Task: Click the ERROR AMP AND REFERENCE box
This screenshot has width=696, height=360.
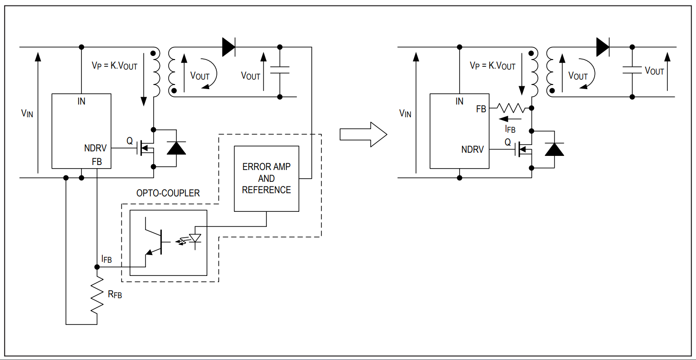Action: point(266,179)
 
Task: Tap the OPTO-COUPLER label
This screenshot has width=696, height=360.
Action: point(168,193)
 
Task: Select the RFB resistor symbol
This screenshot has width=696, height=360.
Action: point(97,295)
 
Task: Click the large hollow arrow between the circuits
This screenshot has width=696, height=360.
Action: point(363,135)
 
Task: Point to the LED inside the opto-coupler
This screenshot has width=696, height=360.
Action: point(195,239)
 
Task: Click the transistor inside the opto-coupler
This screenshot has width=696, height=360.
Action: point(157,242)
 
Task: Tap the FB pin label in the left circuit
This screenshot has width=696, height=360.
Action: point(97,162)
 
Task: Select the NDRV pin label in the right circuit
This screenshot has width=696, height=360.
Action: point(472,150)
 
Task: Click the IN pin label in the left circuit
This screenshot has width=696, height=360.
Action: point(81,101)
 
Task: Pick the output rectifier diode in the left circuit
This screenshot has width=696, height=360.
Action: point(229,47)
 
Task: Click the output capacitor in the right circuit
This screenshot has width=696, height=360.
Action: point(632,70)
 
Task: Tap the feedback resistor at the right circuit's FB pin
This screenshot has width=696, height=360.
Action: point(511,108)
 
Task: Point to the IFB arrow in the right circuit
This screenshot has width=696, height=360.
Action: point(510,119)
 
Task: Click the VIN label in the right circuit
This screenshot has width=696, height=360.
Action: point(405,113)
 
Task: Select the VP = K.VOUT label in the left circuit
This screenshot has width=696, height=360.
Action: point(115,66)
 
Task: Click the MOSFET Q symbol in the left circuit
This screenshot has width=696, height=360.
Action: point(146,148)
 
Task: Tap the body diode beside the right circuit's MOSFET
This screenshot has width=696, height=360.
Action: point(554,150)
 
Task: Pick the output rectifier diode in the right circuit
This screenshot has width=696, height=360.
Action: point(603,47)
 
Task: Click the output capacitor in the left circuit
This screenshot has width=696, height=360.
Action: point(280,70)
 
